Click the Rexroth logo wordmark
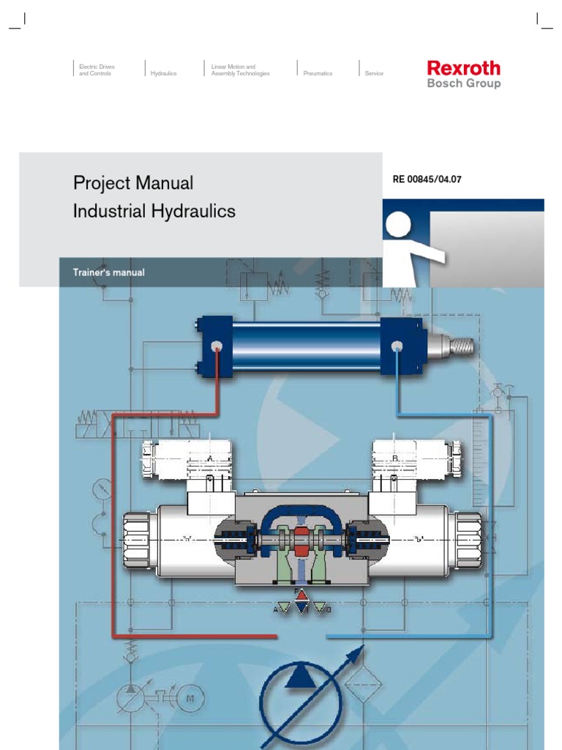click(464, 68)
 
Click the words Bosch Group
click(464, 83)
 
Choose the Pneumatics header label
click(318, 73)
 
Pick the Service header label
click(374, 73)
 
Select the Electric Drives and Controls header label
click(97, 70)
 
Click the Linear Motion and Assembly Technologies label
click(240, 70)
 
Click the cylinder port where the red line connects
click(217, 347)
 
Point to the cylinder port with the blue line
click(397, 347)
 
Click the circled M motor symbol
click(192, 698)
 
